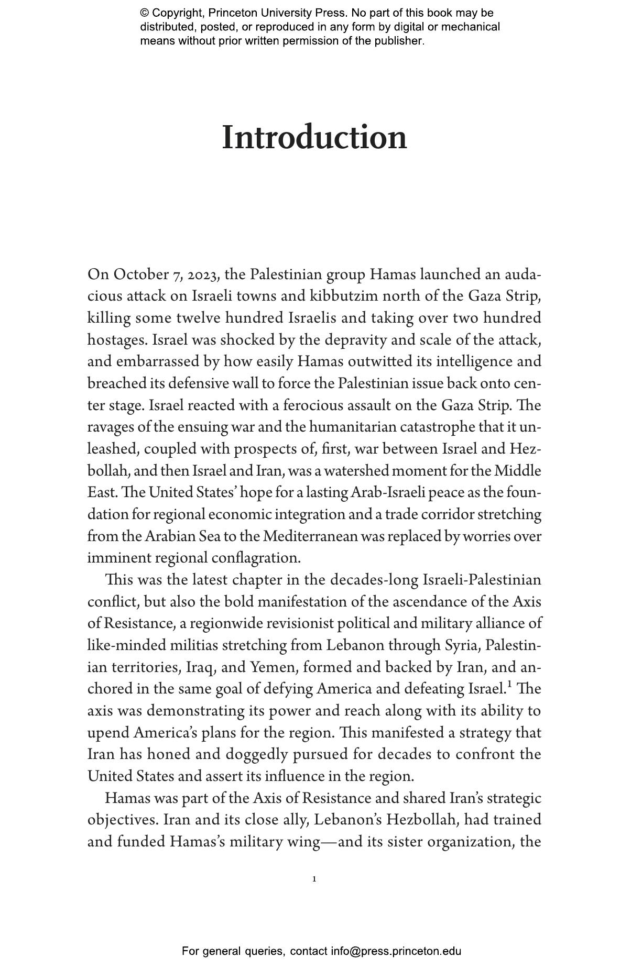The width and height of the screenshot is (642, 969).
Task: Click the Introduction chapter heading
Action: click(x=314, y=138)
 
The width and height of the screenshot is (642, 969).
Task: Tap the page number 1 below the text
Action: click(x=314, y=879)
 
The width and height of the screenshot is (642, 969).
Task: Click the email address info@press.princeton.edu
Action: click(x=396, y=951)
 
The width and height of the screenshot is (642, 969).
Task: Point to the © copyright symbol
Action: click(x=144, y=13)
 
